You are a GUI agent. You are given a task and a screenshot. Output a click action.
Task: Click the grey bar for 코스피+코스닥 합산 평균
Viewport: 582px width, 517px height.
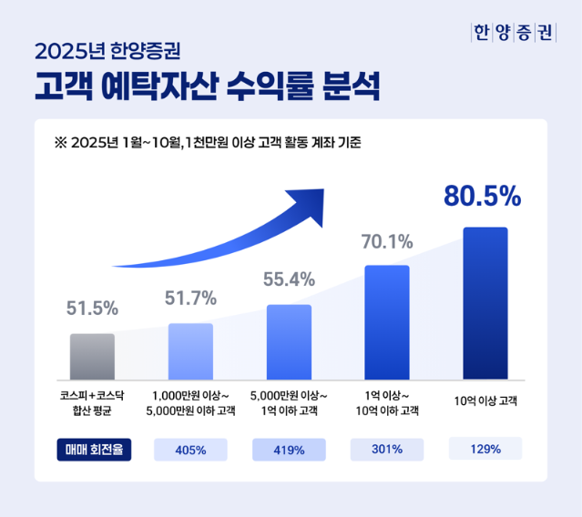[92, 356]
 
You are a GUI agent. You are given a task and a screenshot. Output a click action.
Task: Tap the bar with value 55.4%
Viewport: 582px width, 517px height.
[289, 341]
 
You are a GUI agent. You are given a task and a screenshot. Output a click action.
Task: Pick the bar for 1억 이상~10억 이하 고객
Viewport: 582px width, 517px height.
[387, 321]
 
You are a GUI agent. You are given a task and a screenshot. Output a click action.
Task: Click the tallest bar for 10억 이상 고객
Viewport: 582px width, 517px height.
[485, 302]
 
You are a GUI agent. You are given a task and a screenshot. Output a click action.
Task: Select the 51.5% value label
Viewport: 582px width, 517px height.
[92, 309]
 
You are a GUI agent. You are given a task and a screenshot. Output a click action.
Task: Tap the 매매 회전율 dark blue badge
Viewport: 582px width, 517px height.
[94, 449]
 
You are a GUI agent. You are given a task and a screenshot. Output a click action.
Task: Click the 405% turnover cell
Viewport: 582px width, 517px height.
[190, 449]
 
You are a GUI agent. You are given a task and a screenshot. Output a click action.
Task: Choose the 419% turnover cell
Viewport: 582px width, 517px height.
[289, 449]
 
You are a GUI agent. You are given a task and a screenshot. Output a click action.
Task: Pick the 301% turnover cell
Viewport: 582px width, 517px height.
[387, 448]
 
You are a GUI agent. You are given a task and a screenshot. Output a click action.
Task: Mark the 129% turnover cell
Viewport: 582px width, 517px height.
[485, 448]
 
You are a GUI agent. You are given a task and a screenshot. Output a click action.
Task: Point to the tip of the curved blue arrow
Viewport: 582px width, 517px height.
[322, 193]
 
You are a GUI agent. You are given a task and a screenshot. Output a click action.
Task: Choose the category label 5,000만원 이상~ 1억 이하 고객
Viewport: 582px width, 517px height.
[289, 403]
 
